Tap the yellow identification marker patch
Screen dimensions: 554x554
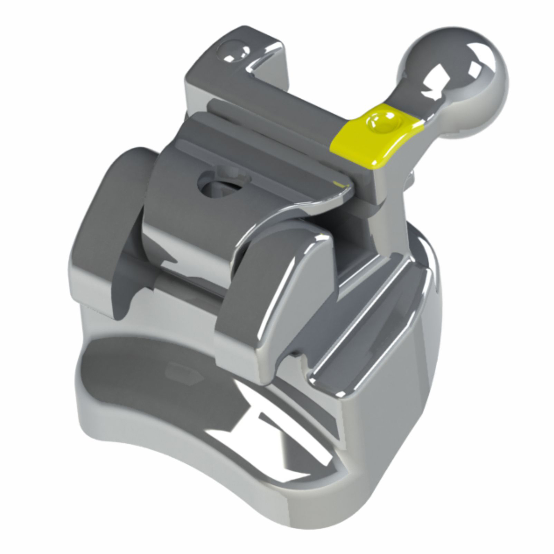pyautogui.click(x=376, y=133)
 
